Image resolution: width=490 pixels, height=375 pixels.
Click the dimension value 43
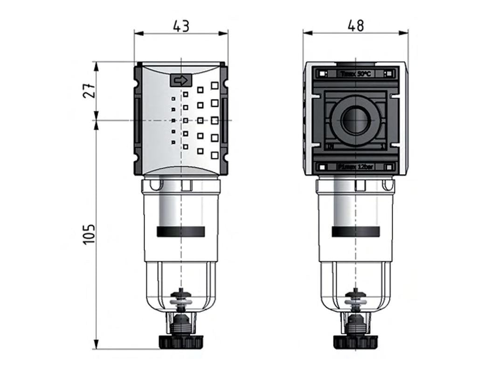point(181,26)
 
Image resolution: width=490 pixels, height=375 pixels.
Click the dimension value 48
point(356,26)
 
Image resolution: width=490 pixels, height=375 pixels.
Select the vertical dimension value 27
point(90,91)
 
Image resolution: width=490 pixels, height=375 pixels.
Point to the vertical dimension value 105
point(90,233)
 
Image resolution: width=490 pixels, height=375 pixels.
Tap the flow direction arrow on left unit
point(180,80)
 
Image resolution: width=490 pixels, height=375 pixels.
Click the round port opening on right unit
point(356,120)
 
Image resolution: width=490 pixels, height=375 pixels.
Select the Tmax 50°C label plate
point(356,74)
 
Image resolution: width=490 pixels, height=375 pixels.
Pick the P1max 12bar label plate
point(356,166)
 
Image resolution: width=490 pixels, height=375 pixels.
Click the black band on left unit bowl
point(181,232)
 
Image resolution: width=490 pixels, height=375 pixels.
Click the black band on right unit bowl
point(356,232)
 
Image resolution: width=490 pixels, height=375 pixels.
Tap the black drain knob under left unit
point(181,342)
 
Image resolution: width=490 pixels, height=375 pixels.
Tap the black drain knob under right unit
point(356,342)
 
